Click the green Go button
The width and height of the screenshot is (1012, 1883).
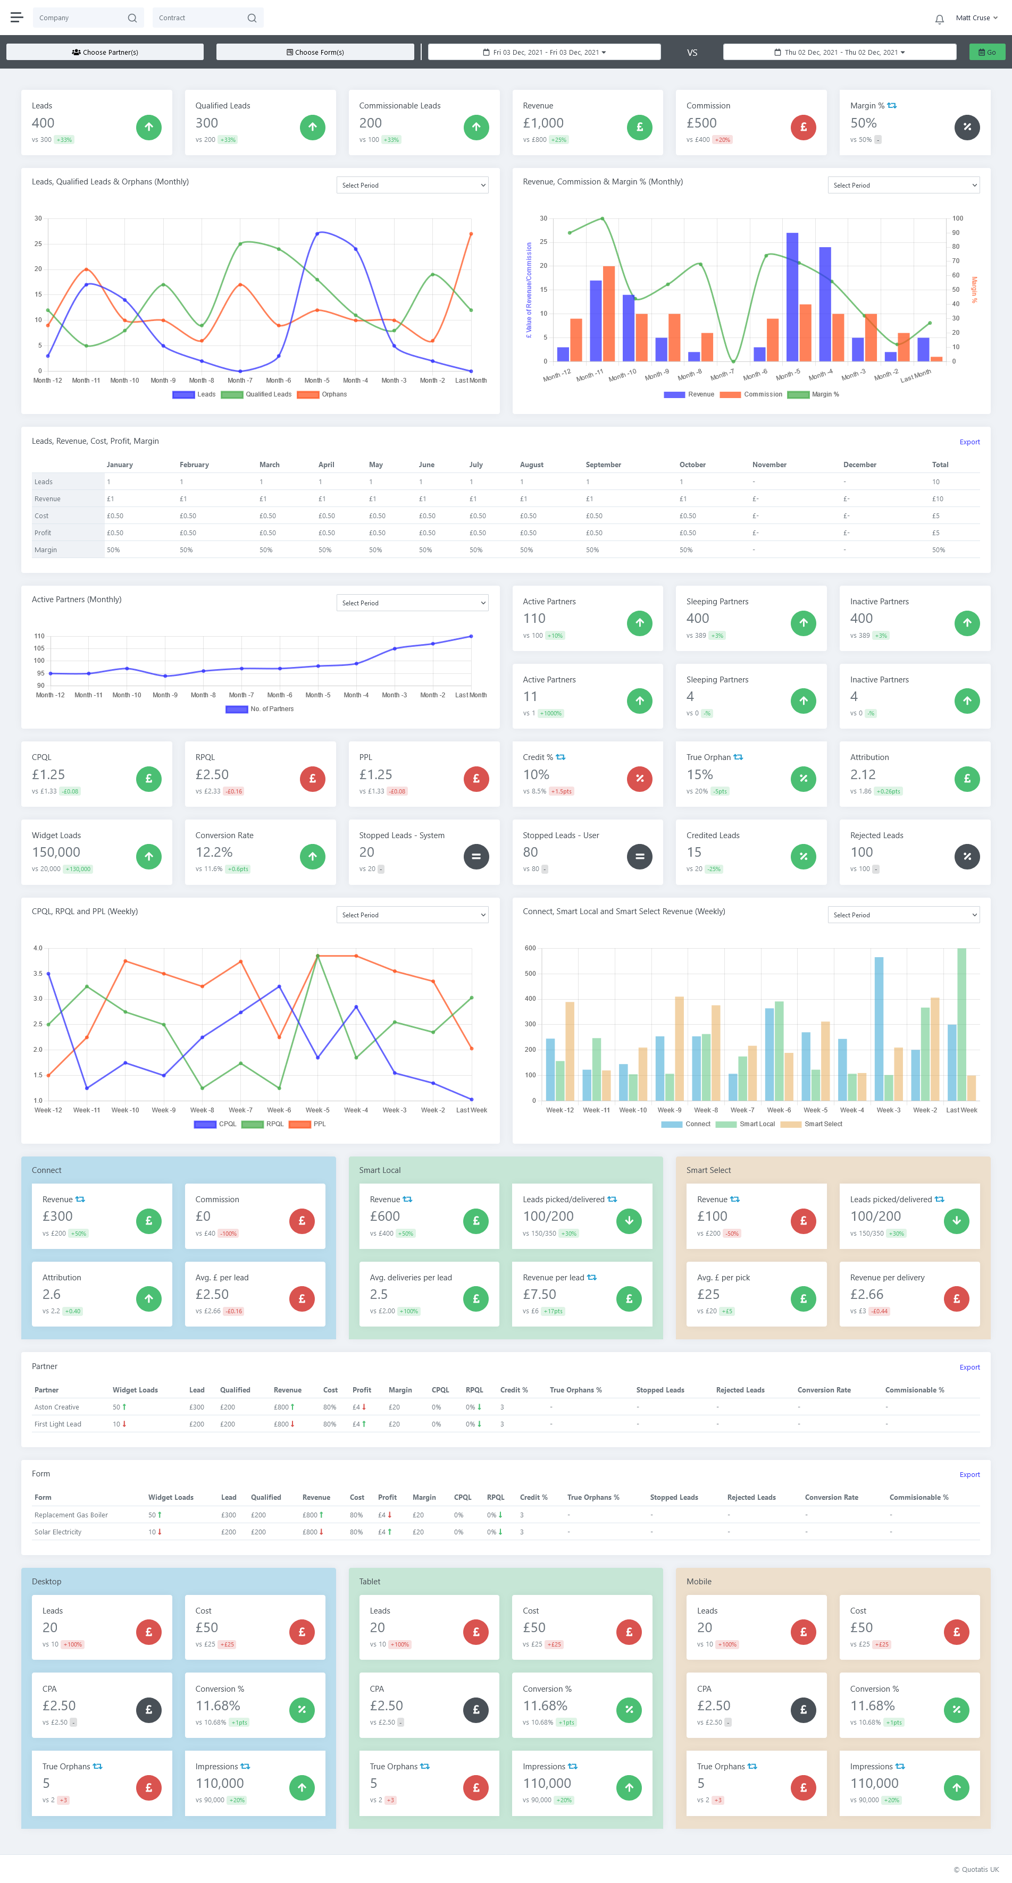(x=986, y=52)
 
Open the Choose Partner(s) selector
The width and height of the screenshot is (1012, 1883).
(x=105, y=52)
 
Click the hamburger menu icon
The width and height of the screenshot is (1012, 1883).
(x=16, y=18)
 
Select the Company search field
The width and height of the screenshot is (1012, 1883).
(x=80, y=18)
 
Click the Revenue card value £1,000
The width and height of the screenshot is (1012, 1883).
(x=543, y=123)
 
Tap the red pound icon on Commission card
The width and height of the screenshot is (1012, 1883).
(x=803, y=127)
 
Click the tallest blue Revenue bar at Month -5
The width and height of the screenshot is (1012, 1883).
(x=792, y=296)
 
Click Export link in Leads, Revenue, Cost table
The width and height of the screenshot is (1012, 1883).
(x=969, y=442)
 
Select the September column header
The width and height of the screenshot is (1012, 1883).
(x=603, y=465)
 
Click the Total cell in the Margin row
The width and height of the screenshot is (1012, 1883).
(x=938, y=550)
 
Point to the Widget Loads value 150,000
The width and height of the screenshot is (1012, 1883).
(x=56, y=852)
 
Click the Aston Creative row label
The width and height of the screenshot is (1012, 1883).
(x=56, y=1407)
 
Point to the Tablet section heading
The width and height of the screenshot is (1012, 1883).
(x=370, y=1581)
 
